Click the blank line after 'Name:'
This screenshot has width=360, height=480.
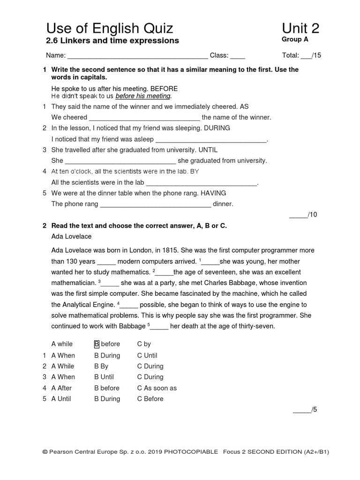coord(138,56)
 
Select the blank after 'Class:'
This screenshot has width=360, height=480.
coord(238,56)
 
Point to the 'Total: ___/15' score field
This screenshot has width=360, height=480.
coord(301,55)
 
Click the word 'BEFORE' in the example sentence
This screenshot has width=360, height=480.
coord(164,89)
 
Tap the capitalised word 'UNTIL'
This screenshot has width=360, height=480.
coord(208,150)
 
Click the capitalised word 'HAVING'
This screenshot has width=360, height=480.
coord(213,193)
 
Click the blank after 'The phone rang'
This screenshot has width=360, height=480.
coord(156,204)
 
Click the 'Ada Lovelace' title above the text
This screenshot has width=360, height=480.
coord(71,236)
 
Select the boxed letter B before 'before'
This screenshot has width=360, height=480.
coord(97,344)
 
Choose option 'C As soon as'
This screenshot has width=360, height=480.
coord(157,388)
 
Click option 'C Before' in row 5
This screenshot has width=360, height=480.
coord(150,399)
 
